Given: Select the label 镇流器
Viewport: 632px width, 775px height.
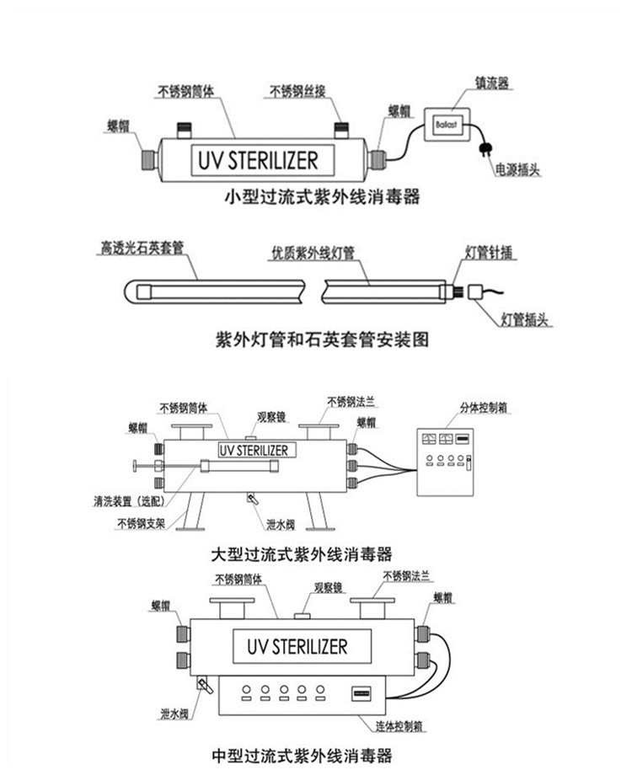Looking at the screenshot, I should point(490,83).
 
